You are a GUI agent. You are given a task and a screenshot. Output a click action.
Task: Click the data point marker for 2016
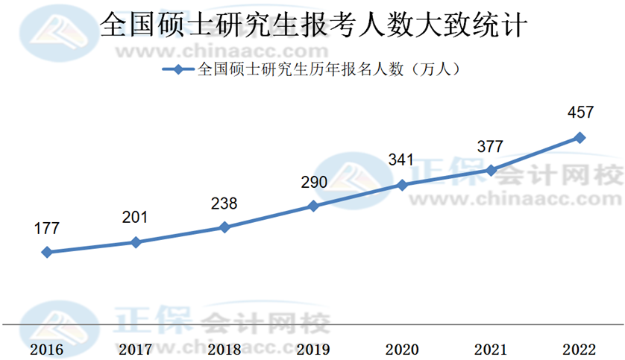point(47,252)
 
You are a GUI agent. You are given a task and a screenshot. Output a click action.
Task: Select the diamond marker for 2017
point(136,242)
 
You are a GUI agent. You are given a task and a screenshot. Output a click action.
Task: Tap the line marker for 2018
point(224,227)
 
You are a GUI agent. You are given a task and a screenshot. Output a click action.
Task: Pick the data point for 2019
point(313,205)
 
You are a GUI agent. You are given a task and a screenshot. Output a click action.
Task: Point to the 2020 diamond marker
point(402,184)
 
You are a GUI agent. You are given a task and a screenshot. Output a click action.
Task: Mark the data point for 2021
point(491,170)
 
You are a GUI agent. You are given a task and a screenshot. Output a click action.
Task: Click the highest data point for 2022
point(580,137)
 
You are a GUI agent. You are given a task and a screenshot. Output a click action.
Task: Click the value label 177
point(46,228)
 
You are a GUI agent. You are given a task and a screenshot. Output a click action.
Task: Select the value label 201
point(135,218)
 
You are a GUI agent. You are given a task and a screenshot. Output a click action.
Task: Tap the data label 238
point(224,203)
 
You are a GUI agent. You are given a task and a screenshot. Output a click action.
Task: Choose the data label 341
point(401,160)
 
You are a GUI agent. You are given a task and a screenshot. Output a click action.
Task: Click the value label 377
point(490,146)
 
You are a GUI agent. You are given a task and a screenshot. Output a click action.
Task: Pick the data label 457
point(580,113)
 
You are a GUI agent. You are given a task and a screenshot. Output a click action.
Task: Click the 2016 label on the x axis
point(47,349)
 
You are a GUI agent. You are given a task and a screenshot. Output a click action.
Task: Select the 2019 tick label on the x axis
point(313,349)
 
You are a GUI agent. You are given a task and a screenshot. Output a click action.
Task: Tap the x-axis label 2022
point(580,349)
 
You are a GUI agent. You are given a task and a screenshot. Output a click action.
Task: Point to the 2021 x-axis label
point(491,349)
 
